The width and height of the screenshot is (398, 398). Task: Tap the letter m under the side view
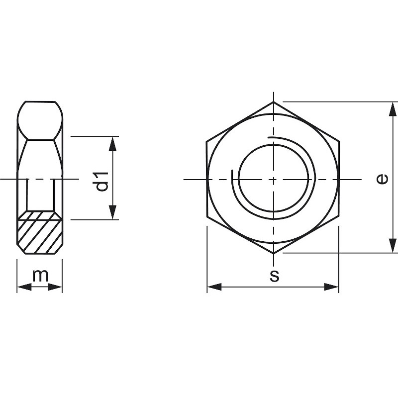click(x=40, y=276)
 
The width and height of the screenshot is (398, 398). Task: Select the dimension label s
click(x=274, y=276)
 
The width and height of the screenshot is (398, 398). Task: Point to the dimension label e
click(x=382, y=179)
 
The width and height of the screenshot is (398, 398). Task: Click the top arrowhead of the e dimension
click(x=393, y=109)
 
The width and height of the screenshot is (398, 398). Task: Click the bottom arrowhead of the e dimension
click(x=393, y=245)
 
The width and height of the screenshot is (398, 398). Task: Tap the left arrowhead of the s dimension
click(x=214, y=287)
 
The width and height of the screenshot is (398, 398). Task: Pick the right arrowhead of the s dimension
click(x=331, y=287)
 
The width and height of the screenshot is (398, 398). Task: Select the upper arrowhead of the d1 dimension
click(x=113, y=144)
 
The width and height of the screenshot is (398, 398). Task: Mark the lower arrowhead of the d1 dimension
click(x=113, y=212)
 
